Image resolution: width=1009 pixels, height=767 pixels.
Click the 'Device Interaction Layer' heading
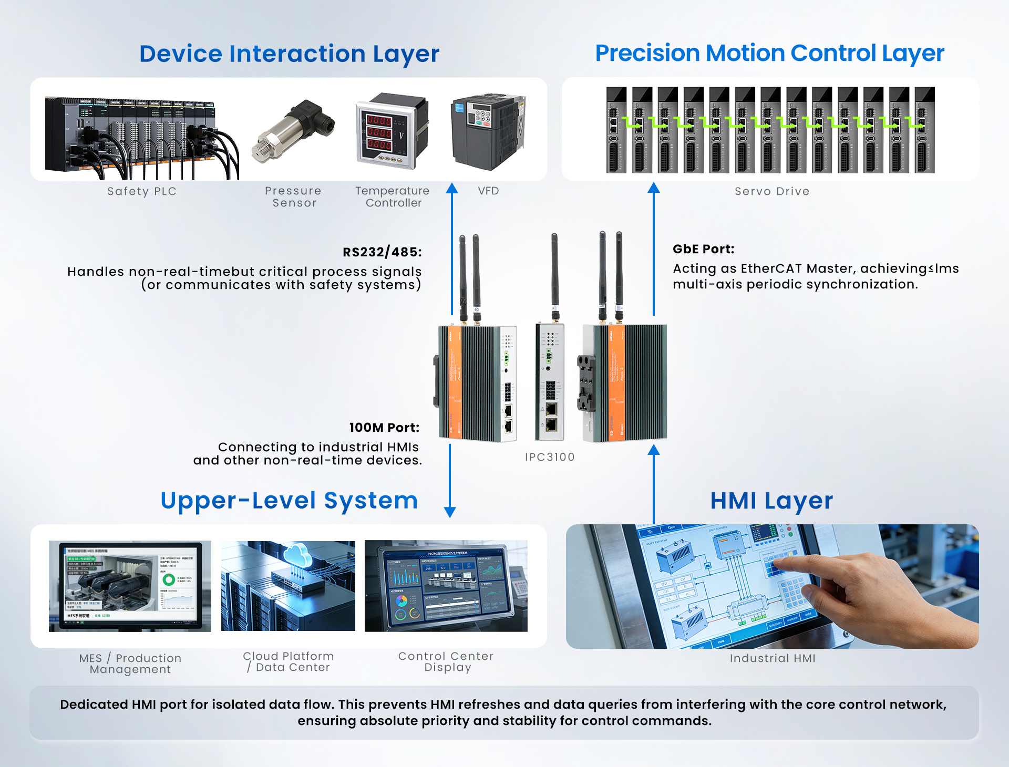tap(289, 54)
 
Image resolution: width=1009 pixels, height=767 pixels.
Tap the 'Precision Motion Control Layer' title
tap(769, 53)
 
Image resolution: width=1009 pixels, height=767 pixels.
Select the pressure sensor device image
tap(293, 132)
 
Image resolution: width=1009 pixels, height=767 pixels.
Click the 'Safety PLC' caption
tap(142, 191)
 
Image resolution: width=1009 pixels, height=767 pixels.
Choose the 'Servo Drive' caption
tap(771, 191)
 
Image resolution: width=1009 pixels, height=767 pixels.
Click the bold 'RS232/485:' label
tap(382, 252)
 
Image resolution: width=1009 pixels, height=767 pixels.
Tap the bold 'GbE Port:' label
tap(703, 249)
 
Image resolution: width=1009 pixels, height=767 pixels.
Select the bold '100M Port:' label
tap(384, 428)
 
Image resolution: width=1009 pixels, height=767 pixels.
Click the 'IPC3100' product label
tap(550, 457)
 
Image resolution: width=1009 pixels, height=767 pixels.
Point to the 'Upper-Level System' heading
tap(289, 501)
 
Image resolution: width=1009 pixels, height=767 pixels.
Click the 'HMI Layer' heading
tap(771, 501)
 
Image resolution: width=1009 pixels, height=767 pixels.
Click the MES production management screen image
tap(130, 586)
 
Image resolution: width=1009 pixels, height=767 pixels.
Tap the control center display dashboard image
tap(446, 586)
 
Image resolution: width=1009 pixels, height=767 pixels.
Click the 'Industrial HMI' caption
tap(772, 658)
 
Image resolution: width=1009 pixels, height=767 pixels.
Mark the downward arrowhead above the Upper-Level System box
tap(450, 512)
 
